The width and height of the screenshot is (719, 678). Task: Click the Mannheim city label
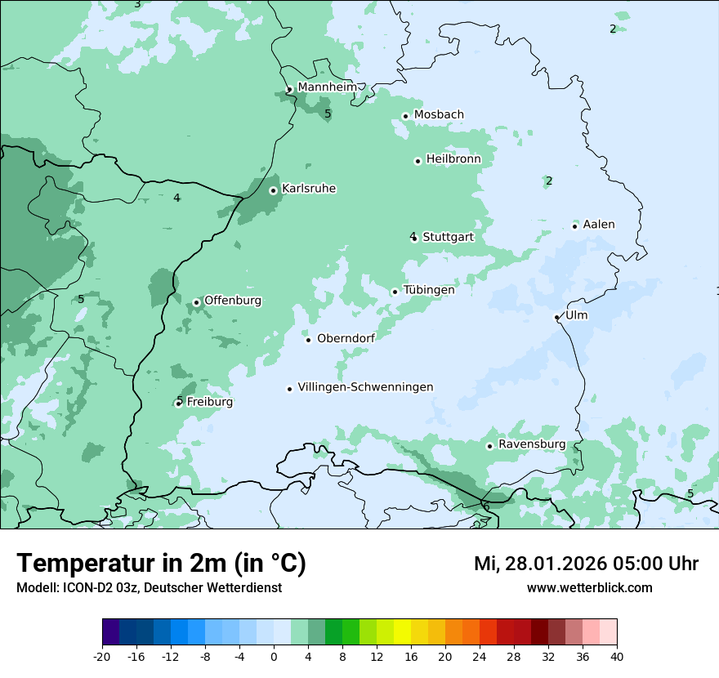(x=327, y=87)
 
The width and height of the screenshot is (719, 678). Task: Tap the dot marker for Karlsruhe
(x=274, y=190)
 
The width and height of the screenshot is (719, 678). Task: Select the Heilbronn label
(x=453, y=159)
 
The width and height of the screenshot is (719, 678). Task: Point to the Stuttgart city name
(x=448, y=237)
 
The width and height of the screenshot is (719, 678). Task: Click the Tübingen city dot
(x=395, y=292)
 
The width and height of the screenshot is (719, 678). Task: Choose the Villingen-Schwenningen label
(x=365, y=387)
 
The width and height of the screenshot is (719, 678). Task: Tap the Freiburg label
(x=209, y=402)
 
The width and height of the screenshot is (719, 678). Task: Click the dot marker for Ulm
(x=557, y=317)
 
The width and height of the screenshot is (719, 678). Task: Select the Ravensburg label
(x=532, y=444)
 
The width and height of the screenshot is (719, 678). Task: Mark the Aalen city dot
(x=575, y=226)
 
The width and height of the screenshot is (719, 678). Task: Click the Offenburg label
(x=233, y=301)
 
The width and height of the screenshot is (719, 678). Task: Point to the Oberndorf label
(x=346, y=338)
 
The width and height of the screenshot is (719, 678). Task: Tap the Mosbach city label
(x=439, y=115)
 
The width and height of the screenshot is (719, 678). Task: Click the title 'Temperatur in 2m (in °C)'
(x=161, y=563)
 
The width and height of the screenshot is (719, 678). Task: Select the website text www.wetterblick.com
(x=589, y=587)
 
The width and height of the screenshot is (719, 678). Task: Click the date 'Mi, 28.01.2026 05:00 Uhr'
(x=586, y=564)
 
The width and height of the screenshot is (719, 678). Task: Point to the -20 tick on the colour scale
(x=102, y=657)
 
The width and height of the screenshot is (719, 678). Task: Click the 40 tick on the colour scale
(x=617, y=657)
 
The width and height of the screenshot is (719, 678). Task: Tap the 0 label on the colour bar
(x=274, y=657)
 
